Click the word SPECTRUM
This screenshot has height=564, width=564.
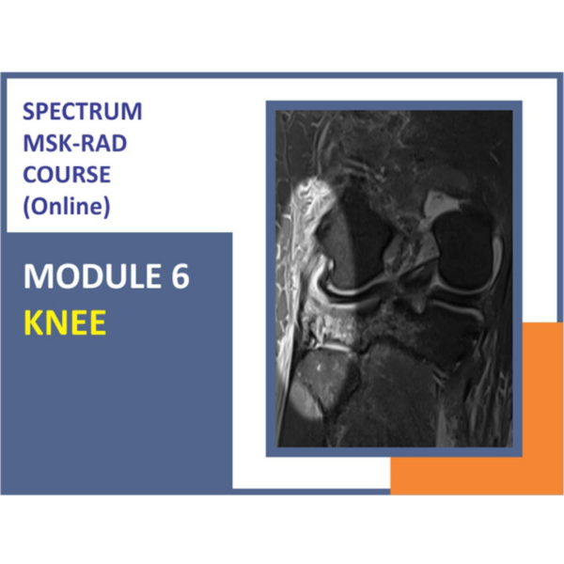click(x=82, y=112)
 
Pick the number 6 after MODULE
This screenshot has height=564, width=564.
click(x=179, y=277)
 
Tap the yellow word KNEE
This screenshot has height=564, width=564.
click(x=64, y=322)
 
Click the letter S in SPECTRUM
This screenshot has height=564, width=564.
click(x=27, y=112)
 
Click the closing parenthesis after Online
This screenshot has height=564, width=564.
click(x=106, y=206)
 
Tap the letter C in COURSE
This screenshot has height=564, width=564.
click(x=28, y=174)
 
